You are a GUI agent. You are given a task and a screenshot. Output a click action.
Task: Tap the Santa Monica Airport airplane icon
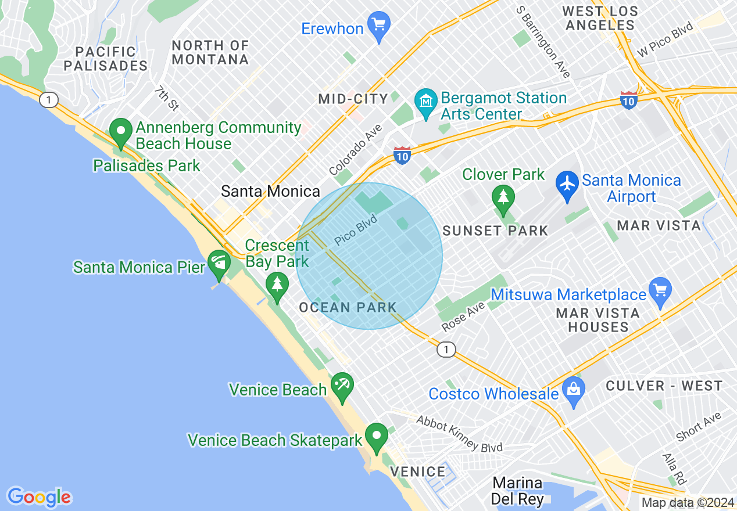[x=566, y=183]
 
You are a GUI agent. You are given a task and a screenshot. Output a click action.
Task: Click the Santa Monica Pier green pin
[x=219, y=263]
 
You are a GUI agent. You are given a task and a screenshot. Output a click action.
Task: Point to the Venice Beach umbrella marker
[x=342, y=386]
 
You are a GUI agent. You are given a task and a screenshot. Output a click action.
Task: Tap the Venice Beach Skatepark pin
[x=377, y=437]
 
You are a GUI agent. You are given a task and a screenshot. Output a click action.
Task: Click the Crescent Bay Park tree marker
[x=277, y=285]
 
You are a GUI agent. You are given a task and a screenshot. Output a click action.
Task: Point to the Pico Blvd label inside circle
[x=357, y=231]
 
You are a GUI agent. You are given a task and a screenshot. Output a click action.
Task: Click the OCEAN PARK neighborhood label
[x=348, y=308]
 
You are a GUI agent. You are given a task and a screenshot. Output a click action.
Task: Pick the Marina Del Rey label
[x=517, y=491]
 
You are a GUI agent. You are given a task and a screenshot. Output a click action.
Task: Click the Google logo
[x=39, y=497]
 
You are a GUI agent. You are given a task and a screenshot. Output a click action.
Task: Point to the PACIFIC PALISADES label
[x=105, y=59]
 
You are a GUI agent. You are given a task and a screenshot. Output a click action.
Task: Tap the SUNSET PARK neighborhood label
[x=495, y=231]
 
